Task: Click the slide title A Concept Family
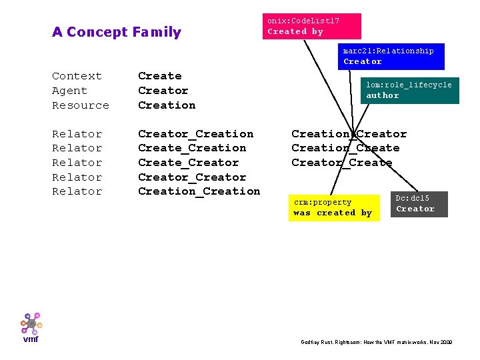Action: (x=117, y=32)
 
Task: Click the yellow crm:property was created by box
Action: (x=334, y=207)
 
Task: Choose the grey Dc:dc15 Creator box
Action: (x=419, y=204)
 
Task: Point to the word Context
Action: (x=77, y=76)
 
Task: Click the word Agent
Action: (x=69, y=91)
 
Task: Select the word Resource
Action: (x=80, y=105)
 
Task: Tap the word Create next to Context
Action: (x=159, y=76)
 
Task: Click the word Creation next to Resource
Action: (x=167, y=105)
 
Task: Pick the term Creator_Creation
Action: (x=195, y=134)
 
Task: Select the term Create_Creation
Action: (x=192, y=148)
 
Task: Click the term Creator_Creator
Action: (x=192, y=177)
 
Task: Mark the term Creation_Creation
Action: (x=199, y=191)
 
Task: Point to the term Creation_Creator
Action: (x=349, y=134)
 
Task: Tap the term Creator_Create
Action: (x=341, y=163)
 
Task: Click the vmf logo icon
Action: (x=31, y=325)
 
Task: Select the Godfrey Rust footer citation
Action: (x=377, y=342)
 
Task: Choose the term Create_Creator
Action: (x=188, y=163)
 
